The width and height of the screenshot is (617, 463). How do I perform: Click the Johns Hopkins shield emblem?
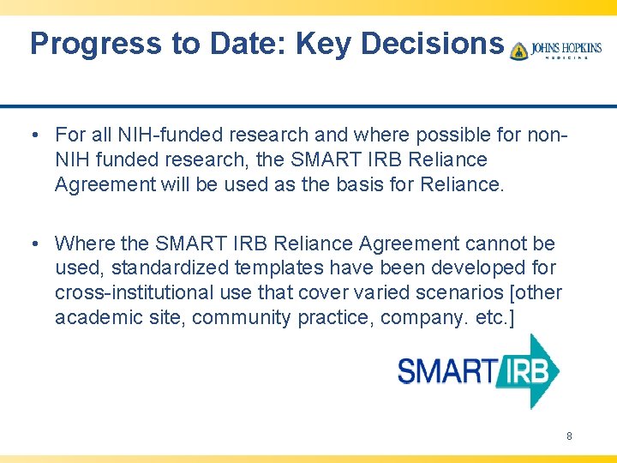pyautogui.click(x=518, y=51)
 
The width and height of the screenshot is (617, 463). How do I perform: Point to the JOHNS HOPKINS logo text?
pyautogui.click(x=566, y=49)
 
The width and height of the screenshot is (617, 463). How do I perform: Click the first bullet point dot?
pyautogui.click(x=31, y=135)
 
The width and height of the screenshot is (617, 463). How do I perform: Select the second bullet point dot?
pyautogui.click(x=31, y=244)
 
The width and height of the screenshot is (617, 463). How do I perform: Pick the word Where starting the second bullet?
pyautogui.click(x=82, y=244)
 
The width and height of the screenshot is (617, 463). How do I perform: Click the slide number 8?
pyautogui.click(x=569, y=436)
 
